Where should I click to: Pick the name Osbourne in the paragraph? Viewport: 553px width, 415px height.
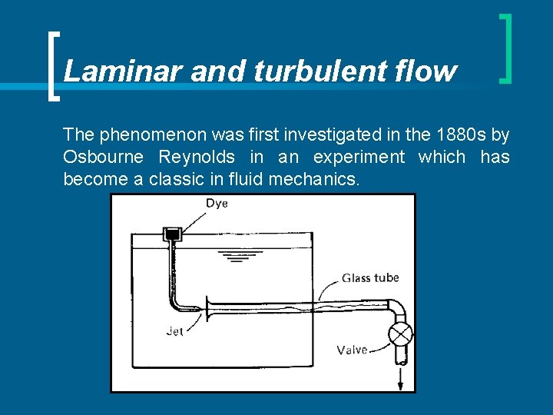click(x=104, y=158)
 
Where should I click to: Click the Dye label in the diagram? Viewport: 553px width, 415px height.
click(x=216, y=204)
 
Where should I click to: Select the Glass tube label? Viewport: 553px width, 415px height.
click(x=370, y=277)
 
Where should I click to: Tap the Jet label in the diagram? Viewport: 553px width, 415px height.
click(x=174, y=332)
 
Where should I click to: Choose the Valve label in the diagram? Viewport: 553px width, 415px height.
click(x=352, y=350)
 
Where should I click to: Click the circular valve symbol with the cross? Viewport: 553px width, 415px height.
click(x=400, y=334)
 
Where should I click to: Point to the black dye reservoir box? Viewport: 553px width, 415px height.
click(x=172, y=233)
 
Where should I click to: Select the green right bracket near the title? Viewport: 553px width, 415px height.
click(x=505, y=48)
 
